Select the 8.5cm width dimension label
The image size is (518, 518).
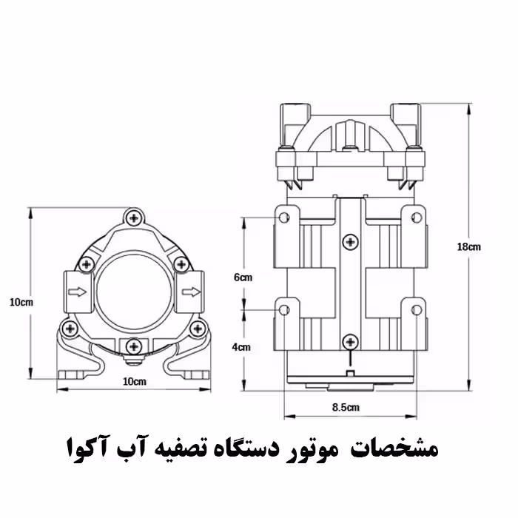[346, 407]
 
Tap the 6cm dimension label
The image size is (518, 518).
[243, 277]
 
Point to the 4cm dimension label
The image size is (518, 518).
[242, 346]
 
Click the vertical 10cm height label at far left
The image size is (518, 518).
[21, 302]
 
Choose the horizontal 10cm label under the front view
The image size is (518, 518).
[133, 381]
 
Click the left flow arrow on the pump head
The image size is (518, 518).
[75, 292]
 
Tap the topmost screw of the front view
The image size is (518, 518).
[133, 217]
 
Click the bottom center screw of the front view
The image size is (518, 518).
[133, 344]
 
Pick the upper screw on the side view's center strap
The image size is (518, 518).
[350, 242]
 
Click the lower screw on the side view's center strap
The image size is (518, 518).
[350, 340]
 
